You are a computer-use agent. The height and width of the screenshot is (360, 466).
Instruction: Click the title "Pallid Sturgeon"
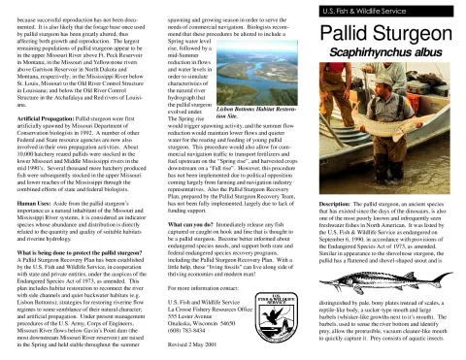pos(388,35)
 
